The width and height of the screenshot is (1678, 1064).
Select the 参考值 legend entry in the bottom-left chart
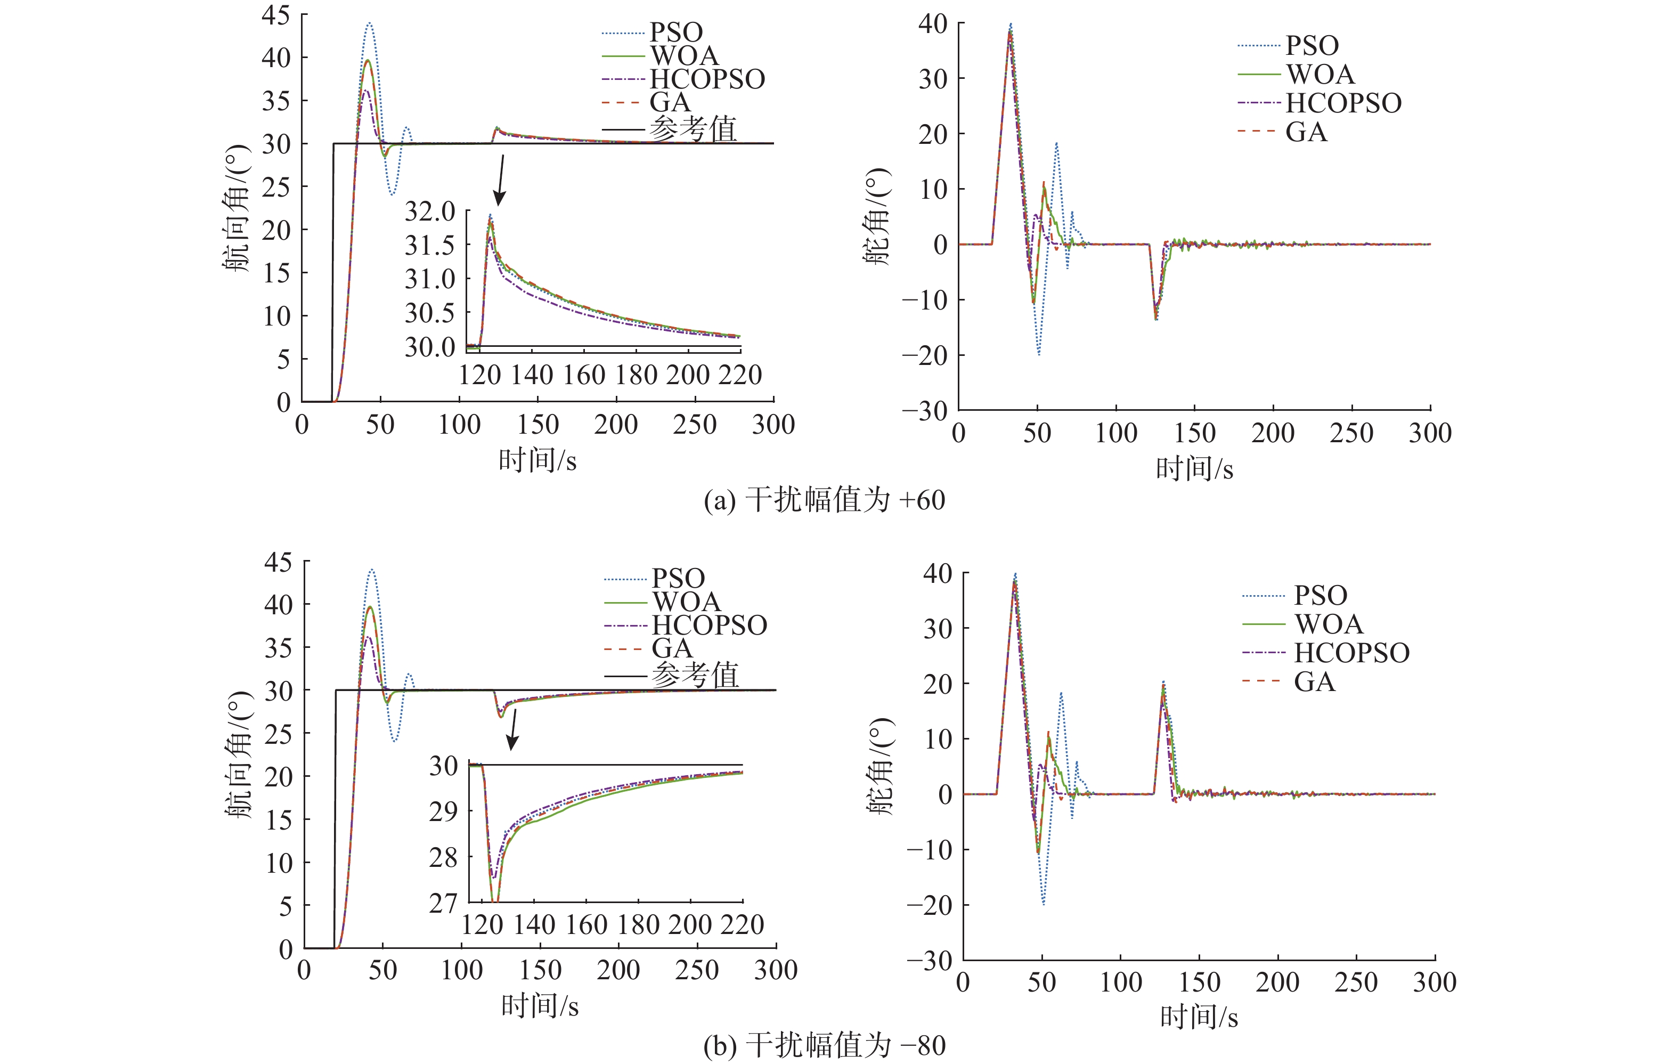[x=695, y=675]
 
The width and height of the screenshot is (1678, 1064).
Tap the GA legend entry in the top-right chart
[x=1306, y=132]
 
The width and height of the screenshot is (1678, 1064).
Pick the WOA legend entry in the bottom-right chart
[x=1328, y=623]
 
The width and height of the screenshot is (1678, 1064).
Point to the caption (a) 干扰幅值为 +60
[x=825, y=500]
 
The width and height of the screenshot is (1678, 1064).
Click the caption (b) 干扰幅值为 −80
[x=825, y=1045]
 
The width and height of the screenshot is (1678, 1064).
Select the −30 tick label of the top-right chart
[x=925, y=411]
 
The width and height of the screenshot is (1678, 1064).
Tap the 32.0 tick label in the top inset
[x=430, y=211]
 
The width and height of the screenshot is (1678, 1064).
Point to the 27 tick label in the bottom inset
[x=443, y=903]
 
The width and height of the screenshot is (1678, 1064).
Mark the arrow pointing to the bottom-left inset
[x=514, y=729]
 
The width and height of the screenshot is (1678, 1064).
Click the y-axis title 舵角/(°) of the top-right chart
[x=878, y=216]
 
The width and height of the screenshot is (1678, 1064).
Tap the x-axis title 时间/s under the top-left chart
[x=537, y=460]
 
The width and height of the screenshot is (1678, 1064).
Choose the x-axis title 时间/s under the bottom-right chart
[x=1199, y=1017]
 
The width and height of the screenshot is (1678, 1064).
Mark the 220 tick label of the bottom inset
[x=742, y=924]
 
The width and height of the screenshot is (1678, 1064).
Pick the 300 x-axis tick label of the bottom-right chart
[x=1434, y=982]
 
